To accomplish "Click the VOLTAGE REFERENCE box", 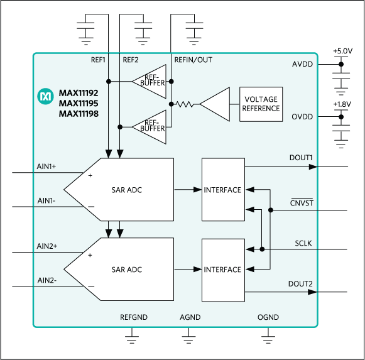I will click(261, 104).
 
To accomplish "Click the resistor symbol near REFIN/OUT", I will click(184, 104).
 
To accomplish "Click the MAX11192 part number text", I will click(79, 91).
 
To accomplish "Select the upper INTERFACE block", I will click(222, 190).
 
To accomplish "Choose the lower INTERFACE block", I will click(222, 270).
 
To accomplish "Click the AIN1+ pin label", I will click(47, 166).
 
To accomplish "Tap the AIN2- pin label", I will click(47, 280).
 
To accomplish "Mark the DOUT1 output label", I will click(300, 158).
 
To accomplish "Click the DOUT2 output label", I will click(300, 284).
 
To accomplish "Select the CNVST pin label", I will click(301, 203).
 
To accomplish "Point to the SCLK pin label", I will click(303, 243).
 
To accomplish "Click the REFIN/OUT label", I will click(193, 60).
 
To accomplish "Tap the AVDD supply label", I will click(302, 65).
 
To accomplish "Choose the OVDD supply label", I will click(302, 117).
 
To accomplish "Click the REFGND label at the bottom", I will click(133, 317).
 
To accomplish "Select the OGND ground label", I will click(269, 317).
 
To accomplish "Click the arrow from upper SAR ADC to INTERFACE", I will click(187, 189).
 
